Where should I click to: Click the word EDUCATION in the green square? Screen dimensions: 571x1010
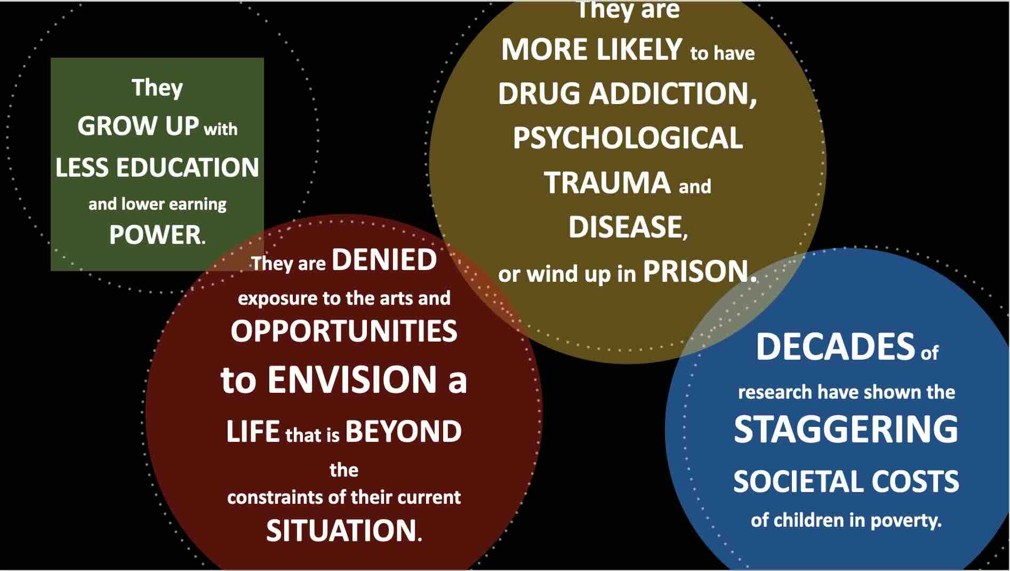coord(187,168)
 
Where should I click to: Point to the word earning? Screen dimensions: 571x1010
coord(198,204)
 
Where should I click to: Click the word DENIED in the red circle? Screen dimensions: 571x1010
coord(384,260)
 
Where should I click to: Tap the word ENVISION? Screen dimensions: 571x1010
coord(352,379)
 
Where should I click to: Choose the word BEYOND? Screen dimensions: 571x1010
coord(403,432)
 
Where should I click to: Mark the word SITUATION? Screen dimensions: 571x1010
coord(341,530)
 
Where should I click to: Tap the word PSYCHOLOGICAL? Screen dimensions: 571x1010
coord(628,138)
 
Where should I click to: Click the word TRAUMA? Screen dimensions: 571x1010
coord(607,183)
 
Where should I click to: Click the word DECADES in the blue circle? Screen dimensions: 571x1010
coord(835,347)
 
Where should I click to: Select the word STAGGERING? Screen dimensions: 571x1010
coord(846,430)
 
